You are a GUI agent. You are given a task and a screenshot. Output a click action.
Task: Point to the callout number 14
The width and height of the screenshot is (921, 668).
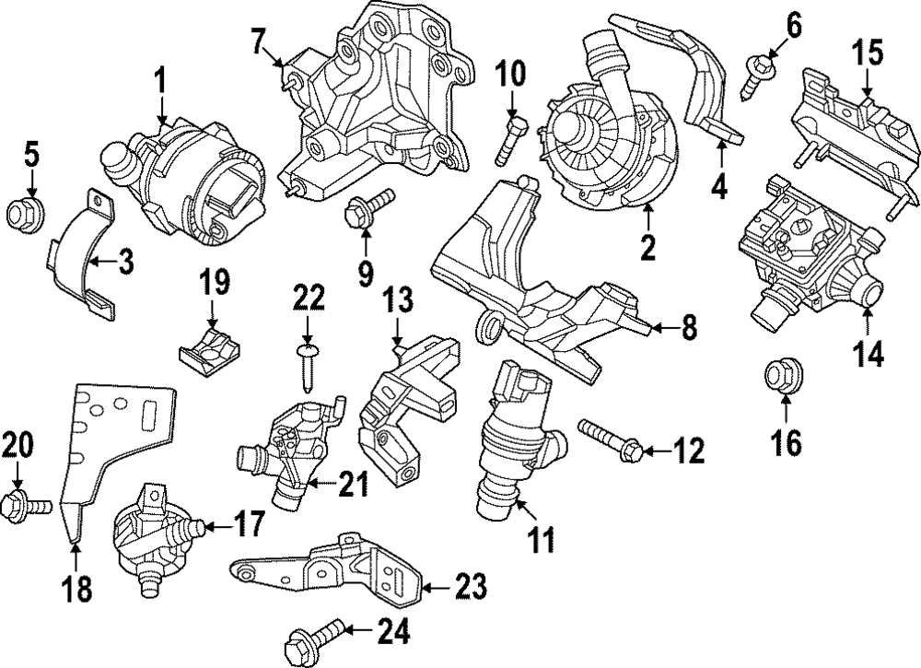pyautogui.click(x=867, y=353)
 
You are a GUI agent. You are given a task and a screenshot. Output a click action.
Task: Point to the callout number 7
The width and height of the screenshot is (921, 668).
pyautogui.click(x=258, y=41)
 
